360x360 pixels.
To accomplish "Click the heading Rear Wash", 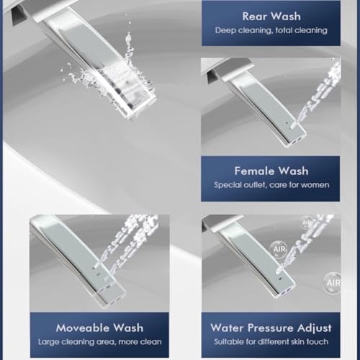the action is pos(271,17).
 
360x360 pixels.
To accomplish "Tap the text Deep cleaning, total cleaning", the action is pos(271,30).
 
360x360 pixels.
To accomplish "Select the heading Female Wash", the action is pos(271,171).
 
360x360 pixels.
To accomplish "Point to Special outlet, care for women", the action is pos(271,185).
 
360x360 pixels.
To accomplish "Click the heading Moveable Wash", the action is pos(99,328).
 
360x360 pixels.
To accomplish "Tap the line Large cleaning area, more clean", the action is pos(100,342).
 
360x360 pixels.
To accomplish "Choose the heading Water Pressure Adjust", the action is pos(271,328).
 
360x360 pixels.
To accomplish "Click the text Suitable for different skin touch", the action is pos(271,341).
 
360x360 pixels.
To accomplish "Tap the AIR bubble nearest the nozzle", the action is pos(279,249).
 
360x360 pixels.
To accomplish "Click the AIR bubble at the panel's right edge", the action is pos(333,283).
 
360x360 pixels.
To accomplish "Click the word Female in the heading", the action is pos(254,171).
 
